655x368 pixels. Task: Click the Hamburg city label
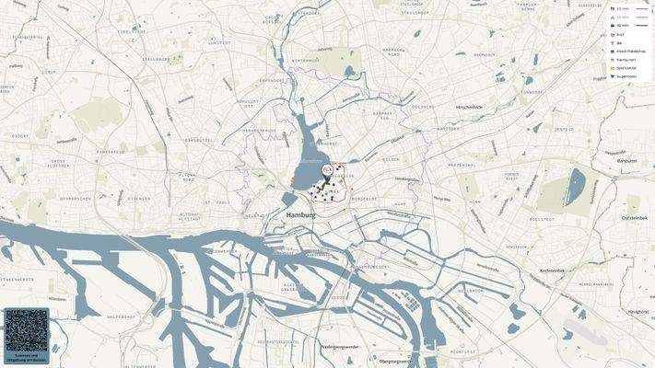click(x=300, y=214)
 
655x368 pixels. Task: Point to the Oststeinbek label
click(x=636, y=217)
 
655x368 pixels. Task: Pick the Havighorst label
click(x=637, y=312)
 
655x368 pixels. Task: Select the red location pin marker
click(x=327, y=171)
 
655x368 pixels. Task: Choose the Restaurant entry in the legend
click(x=626, y=58)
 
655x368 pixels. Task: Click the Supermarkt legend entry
click(x=626, y=76)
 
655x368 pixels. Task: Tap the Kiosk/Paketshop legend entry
click(x=630, y=51)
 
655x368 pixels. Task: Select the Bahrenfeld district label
click(x=111, y=151)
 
